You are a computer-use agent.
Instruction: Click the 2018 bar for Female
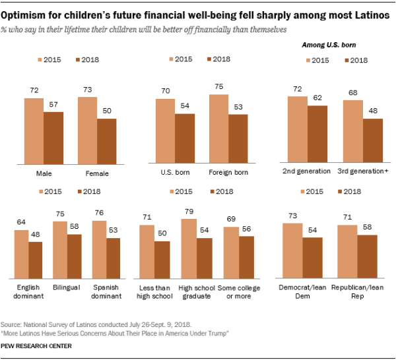click(x=106, y=140)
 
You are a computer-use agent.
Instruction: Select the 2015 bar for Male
click(x=34, y=130)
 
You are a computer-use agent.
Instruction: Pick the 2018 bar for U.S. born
click(x=185, y=137)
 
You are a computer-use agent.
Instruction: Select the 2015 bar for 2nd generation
click(x=298, y=129)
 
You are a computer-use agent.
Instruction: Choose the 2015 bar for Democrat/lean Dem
click(x=292, y=254)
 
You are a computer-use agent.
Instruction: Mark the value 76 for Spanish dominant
click(x=100, y=214)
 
